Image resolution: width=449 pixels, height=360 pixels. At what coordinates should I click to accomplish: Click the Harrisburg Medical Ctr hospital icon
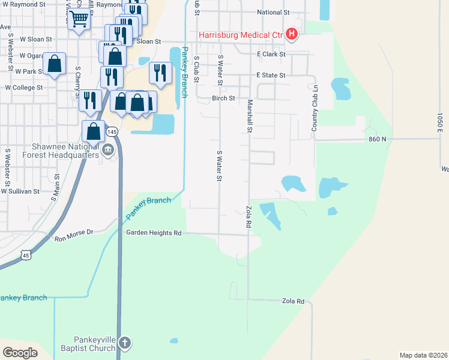pos(291,34)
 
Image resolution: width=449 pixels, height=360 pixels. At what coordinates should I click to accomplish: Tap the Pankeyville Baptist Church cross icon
pos(124,344)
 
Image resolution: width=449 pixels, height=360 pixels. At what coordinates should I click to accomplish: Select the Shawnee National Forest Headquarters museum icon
pos(108,150)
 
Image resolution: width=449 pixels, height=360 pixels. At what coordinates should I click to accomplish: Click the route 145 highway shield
pos(111,131)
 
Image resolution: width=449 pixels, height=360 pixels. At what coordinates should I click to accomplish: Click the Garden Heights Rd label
pos(153,233)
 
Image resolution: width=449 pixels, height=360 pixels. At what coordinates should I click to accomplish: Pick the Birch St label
pos(223,98)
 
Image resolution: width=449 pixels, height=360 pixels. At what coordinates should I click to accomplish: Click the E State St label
pos(271,76)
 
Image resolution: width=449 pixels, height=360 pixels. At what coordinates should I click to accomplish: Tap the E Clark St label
pos(271,54)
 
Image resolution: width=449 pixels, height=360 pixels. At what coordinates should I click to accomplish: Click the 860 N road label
pos(377,139)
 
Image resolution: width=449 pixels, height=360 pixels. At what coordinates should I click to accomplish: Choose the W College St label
pos(24,88)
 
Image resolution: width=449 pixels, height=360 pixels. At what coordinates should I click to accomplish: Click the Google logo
pos(20,352)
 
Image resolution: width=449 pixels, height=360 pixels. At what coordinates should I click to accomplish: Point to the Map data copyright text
pos(423,355)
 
